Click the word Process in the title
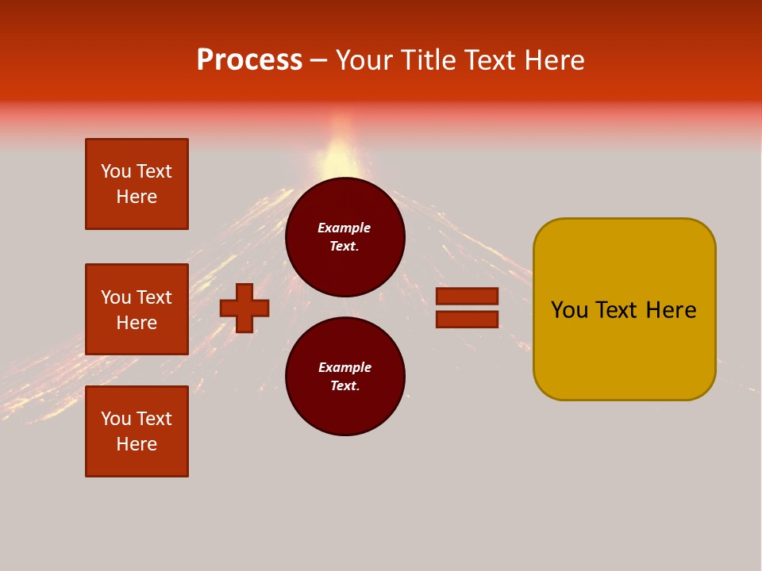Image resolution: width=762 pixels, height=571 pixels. pyautogui.click(x=249, y=60)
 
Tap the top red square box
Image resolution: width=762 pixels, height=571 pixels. pyautogui.click(x=137, y=184)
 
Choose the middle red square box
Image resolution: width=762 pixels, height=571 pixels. pyautogui.click(x=137, y=309)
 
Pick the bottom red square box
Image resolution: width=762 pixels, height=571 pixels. pyautogui.click(x=137, y=431)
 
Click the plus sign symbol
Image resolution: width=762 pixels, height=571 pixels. pyautogui.click(x=244, y=308)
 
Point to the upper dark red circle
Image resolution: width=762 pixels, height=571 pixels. pyautogui.click(x=345, y=237)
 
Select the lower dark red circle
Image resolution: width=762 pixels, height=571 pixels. pyautogui.click(x=345, y=377)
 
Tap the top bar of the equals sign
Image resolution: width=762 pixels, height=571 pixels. pyautogui.click(x=467, y=296)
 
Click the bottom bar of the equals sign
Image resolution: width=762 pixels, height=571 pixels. pyautogui.click(x=467, y=319)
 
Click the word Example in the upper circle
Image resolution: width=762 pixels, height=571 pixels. pyautogui.click(x=344, y=228)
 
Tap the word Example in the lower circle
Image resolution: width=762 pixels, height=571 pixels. pyautogui.click(x=344, y=368)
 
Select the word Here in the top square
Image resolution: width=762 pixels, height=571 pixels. pyautogui.click(x=137, y=197)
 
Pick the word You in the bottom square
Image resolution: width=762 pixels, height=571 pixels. pyautogui.click(x=116, y=419)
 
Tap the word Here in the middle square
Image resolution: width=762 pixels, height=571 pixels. pyautogui.click(x=137, y=323)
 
